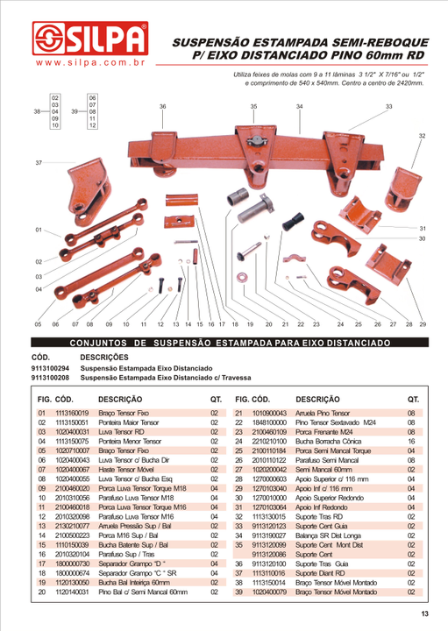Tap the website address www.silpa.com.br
coord(89,64)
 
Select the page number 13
coord(423,613)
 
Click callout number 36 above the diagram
coord(163,106)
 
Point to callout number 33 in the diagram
coord(388,106)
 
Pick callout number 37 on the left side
coord(38,164)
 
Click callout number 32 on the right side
coord(422,136)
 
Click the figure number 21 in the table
coord(238,412)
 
